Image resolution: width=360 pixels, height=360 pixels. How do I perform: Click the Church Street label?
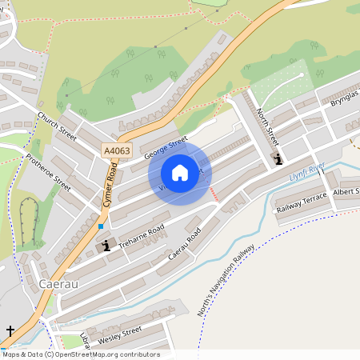point(57,126)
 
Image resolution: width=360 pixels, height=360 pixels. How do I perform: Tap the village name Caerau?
point(58,284)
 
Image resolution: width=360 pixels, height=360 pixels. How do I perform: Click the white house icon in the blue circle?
point(180,172)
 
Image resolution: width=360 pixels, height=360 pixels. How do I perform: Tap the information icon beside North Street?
point(278,159)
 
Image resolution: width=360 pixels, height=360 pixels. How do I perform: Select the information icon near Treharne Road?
point(106,246)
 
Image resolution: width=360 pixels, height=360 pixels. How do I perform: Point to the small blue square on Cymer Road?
point(101,226)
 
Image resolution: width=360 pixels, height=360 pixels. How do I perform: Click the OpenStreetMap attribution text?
point(81,354)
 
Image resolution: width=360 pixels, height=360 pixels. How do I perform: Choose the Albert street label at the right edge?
point(346,193)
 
